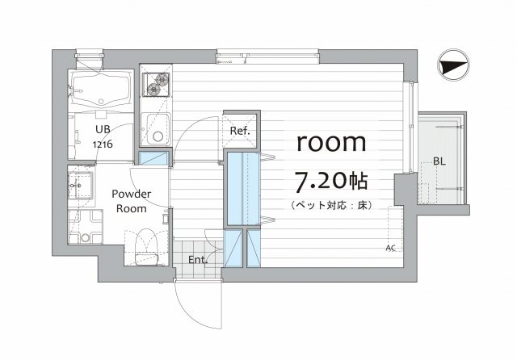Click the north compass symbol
(453, 65)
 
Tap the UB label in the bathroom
(103, 129)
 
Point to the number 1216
(103, 144)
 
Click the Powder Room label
(131, 201)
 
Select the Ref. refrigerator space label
(240, 131)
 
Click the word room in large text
(331, 142)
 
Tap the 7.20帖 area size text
(331, 182)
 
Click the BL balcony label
(439, 161)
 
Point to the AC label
(391, 248)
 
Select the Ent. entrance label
(198, 260)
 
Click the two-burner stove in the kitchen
(156, 84)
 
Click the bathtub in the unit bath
(100, 90)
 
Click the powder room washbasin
(81, 186)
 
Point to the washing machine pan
(86, 227)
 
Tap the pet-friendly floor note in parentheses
(331, 206)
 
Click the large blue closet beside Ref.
(242, 189)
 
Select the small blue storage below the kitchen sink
(153, 158)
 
